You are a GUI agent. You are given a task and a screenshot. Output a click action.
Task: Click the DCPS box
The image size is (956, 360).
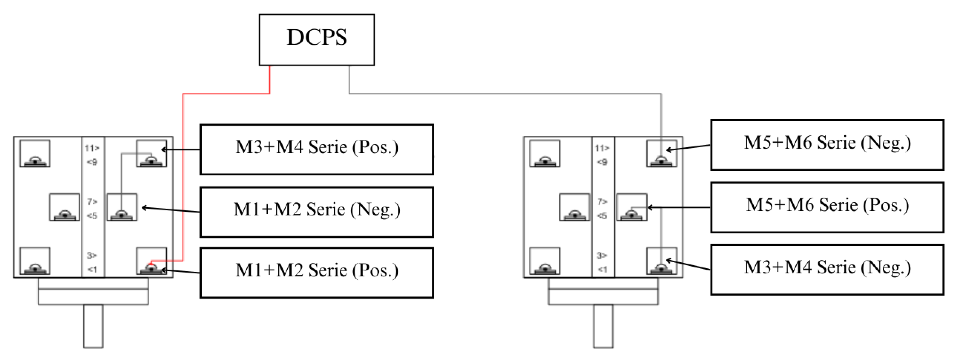[317, 40]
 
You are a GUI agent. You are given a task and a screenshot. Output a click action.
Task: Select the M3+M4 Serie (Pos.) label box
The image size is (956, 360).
[317, 149]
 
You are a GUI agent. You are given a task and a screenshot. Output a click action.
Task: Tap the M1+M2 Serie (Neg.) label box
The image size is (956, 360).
[317, 212]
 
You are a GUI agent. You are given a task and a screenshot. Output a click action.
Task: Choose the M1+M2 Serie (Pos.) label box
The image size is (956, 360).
[317, 273]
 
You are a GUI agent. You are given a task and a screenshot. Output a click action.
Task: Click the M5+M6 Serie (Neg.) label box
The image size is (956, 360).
[827, 145]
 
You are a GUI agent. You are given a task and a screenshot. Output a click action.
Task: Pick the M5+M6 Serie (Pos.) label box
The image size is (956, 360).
[827, 207]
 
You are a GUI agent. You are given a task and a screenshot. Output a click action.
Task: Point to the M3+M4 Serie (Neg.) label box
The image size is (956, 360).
[827, 269]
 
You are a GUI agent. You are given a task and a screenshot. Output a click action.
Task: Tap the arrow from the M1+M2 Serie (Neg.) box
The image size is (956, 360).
[171, 210]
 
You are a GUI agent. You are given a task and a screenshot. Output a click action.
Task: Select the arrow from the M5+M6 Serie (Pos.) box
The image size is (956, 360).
[679, 207]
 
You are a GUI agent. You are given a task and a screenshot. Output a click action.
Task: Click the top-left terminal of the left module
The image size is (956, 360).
[34, 153]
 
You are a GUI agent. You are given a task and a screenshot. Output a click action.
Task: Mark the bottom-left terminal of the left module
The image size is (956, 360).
[34, 261]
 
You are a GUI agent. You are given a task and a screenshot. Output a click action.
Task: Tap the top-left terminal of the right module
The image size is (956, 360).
[544, 153]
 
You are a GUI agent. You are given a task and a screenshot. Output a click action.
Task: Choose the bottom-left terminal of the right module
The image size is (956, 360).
[544, 261]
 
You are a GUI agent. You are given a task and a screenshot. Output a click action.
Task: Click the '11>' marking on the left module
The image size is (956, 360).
[92, 148]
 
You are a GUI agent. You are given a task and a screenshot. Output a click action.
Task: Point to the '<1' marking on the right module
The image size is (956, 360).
[602, 269]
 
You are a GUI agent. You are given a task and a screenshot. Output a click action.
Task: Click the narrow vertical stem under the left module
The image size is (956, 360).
[93, 326]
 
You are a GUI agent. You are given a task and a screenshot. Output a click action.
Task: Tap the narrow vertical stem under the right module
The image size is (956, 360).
[603, 326]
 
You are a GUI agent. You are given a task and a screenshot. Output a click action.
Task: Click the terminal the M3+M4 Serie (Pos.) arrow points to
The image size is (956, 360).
[151, 153]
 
